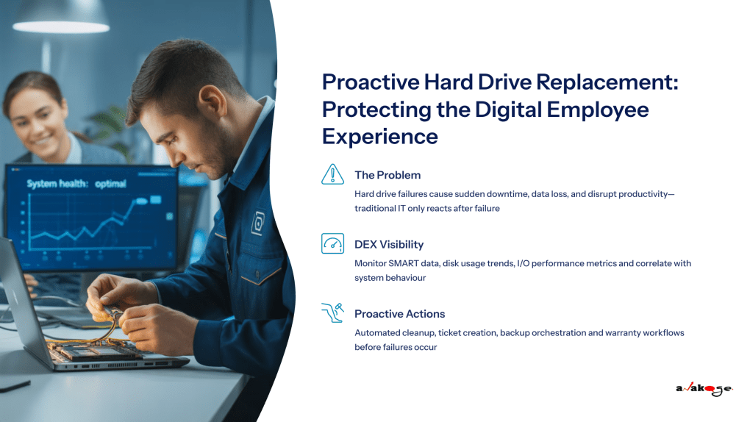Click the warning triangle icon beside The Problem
333,174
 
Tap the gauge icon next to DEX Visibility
333,243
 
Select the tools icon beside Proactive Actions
333,313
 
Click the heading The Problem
387,175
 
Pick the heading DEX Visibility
389,244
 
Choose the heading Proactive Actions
400,314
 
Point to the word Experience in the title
379,135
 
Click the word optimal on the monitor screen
110,184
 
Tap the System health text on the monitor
56,184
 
